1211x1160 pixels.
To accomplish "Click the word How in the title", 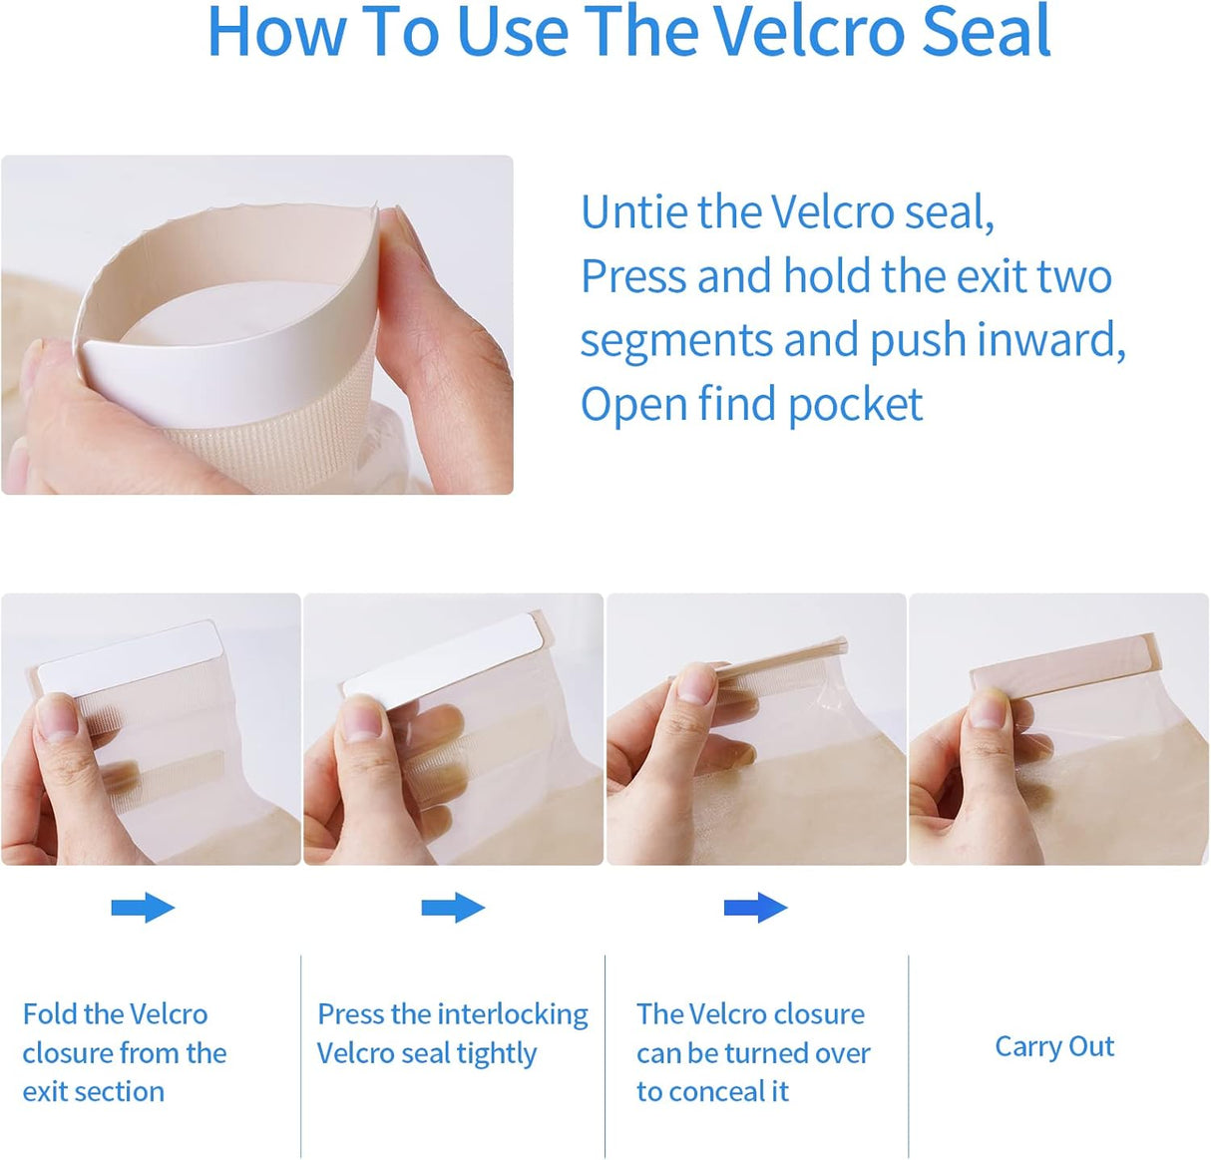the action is tap(276, 31).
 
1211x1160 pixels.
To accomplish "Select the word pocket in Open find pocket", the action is tap(855, 405).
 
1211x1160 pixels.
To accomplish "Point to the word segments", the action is tap(676, 342).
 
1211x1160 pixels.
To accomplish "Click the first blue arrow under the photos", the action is tap(143, 907).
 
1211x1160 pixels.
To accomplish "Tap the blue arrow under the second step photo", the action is tap(453, 907).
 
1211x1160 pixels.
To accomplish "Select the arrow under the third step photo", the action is tap(755, 907).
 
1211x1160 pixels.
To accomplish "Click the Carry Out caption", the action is tap(1054, 1046).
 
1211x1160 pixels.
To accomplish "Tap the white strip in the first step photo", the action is tap(128, 656).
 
